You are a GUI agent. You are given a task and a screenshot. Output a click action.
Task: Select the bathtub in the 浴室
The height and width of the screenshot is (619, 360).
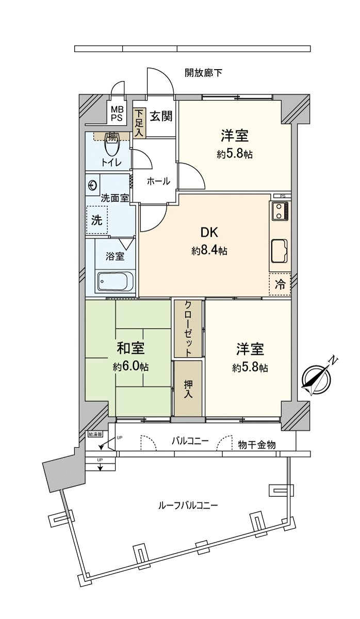coord(116,282)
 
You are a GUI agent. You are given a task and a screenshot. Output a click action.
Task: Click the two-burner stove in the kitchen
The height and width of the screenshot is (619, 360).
coord(280,211)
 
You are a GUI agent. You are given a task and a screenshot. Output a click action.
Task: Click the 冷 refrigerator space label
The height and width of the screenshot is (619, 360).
coord(280,284)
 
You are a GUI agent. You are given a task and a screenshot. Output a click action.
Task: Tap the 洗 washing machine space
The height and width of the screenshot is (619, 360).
coord(97,220)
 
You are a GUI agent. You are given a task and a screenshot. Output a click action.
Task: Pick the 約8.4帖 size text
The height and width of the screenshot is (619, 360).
coord(209,251)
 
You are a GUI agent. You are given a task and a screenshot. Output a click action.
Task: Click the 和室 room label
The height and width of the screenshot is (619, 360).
coord(130,349)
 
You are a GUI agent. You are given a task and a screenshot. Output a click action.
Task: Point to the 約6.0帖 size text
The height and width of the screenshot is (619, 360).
coord(131,367)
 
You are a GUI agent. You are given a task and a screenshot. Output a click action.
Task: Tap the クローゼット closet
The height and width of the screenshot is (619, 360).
coord(189,328)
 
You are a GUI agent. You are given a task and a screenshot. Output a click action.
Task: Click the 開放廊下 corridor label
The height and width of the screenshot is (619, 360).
coord(203,73)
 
